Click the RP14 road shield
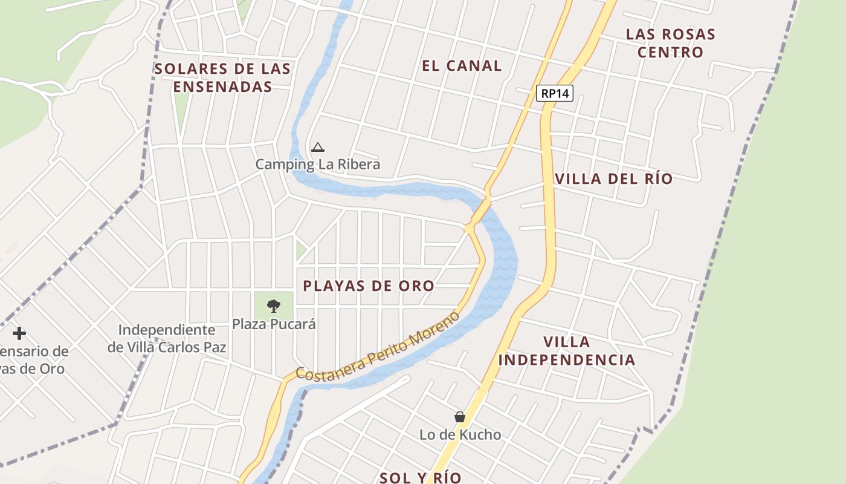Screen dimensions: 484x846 [554, 93]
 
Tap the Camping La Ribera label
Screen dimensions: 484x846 [318, 164]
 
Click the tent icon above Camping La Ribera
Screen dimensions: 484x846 [318, 147]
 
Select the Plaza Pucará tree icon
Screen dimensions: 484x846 [274, 306]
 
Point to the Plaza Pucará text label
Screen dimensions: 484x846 [274, 324]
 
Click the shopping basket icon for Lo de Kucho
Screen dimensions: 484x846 [460, 417]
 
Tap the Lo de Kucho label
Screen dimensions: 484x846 [460, 434]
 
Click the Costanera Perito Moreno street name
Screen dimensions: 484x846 [377, 347]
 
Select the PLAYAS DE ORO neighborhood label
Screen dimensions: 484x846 [369, 286]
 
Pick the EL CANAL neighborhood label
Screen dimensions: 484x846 [462, 66]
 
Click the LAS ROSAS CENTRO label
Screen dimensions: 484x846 [670, 43]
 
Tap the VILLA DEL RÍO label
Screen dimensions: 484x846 [613, 178]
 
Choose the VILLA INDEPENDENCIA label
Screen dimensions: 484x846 [567, 351]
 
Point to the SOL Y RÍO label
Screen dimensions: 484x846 [421, 477]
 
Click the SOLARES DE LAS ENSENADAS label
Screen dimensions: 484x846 [222, 77]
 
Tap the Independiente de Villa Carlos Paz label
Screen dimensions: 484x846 [167, 338]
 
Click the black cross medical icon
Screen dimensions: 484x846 [19, 333]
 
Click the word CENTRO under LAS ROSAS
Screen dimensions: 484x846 [670, 52]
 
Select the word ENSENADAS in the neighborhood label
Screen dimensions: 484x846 [222, 87]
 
